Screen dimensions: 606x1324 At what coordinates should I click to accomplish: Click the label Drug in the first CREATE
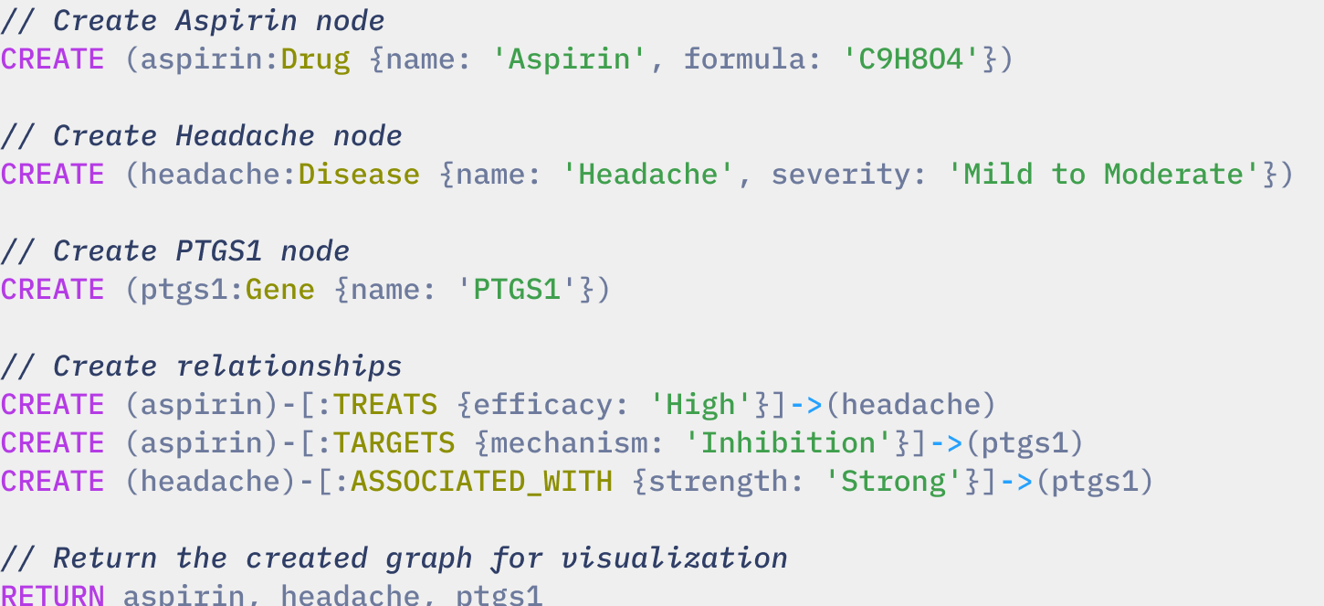pyautogui.click(x=315, y=59)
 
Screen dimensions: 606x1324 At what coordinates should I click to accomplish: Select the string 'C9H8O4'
pyautogui.click(x=912, y=59)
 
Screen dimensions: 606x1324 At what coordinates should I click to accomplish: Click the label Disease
pyautogui.click(x=359, y=175)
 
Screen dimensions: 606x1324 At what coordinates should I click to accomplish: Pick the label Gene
pyautogui.click(x=280, y=290)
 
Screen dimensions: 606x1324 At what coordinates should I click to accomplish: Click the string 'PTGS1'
pyautogui.click(x=518, y=290)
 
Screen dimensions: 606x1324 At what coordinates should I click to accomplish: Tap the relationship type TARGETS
pyautogui.click(x=394, y=443)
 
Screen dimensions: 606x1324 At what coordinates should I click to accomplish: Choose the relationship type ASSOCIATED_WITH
pyautogui.click(x=482, y=482)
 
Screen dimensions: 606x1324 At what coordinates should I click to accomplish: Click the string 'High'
pyautogui.click(x=701, y=405)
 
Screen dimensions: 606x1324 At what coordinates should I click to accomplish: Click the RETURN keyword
pyautogui.click(x=52, y=595)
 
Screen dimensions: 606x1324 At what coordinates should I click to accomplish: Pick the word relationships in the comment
pyautogui.click(x=289, y=367)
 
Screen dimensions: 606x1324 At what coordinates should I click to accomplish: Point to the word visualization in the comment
pyautogui.click(x=675, y=558)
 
